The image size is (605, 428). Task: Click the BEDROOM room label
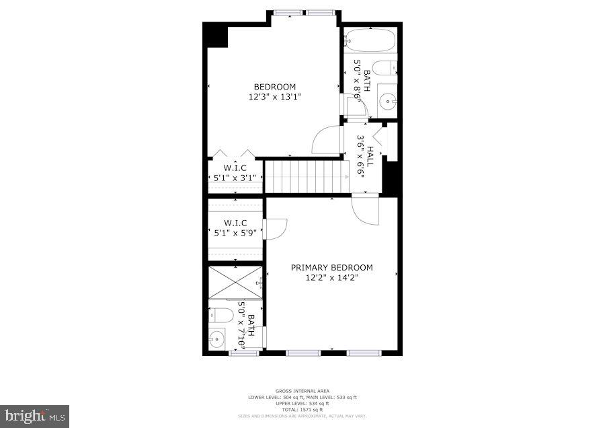(x=274, y=87)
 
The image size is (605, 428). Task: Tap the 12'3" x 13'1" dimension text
(x=274, y=96)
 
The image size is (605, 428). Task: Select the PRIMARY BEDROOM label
(x=331, y=267)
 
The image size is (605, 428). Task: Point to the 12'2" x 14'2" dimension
(x=331, y=277)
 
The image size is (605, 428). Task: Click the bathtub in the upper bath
(x=371, y=40)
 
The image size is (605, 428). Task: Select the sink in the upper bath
(x=387, y=102)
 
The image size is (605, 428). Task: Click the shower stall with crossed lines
(x=235, y=283)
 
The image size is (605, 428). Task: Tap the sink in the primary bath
(x=217, y=338)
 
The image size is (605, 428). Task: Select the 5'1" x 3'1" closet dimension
(x=235, y=178)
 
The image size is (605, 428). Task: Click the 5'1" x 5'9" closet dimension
(x=235, y=234)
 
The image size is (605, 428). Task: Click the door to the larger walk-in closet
(x=276, y=229)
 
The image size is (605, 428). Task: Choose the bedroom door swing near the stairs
(x=326, y=140)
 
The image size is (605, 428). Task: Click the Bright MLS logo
(x=35, y=416)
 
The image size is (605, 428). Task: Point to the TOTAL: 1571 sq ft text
(x=302, y=410)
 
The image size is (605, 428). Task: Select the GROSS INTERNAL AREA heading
(x=302, y=391)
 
